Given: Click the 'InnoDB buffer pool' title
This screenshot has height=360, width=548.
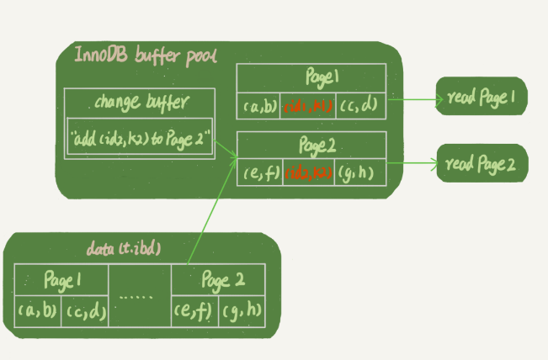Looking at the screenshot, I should point(146,56).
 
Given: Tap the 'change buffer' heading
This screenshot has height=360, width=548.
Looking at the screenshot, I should point(141,103).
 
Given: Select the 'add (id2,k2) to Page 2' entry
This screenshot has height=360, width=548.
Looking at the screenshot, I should point(141,138).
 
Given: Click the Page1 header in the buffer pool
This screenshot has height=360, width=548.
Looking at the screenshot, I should point(310,78).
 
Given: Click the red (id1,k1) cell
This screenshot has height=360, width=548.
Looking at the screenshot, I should point(309,106).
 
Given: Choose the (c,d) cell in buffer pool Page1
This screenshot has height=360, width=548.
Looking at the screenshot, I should point(360,106).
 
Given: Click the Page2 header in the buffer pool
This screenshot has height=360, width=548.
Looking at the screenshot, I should point(310,146).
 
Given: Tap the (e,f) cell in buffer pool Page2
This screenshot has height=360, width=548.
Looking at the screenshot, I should point(258,174).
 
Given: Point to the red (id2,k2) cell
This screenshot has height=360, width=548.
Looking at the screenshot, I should point(309,174).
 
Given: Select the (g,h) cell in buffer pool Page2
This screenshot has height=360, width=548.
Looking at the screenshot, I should point(359,174).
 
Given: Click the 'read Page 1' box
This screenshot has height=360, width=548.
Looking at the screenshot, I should point(481,98).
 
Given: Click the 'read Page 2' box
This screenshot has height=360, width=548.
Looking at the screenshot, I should point(481,163).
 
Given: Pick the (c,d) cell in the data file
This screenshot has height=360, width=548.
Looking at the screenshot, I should point(85,310).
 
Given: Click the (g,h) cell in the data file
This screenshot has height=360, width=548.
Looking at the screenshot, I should point(242,310).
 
